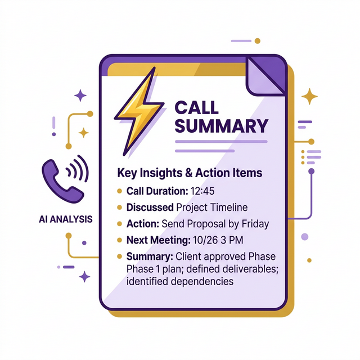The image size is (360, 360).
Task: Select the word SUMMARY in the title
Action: [x=221, y=125]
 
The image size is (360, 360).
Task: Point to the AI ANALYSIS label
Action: [x=66, y=219]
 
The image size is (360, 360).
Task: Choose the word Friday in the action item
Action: [x=253, y=224]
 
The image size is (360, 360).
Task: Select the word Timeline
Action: [x=228, y=208]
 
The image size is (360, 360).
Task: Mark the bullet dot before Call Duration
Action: [x=119, y=191]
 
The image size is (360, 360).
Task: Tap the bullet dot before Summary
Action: [x=119, y=257]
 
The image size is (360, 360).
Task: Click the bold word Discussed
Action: [x=150, y=208]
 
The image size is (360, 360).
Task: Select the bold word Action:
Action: [x=144, y=224]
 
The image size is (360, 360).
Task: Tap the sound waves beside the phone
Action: [x=78, y=169]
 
